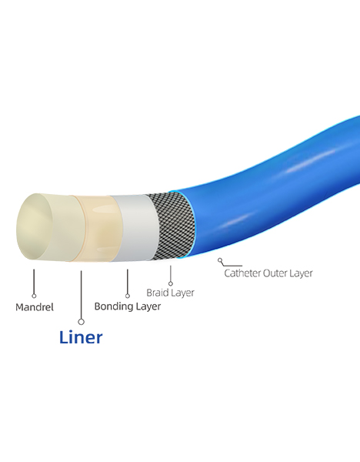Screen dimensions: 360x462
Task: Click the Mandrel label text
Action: [35, 307]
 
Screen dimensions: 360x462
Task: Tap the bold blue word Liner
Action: [81, 337]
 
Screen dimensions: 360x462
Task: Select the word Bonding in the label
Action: [113, 306]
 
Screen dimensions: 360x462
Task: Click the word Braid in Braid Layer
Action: [156, 293]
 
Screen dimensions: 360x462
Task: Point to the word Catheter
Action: [242, 273]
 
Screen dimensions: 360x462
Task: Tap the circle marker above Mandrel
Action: [34, 296]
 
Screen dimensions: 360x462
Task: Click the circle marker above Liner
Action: [82, 322]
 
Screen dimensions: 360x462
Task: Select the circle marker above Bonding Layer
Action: [128, 296]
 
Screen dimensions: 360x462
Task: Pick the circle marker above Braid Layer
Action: [171, 283]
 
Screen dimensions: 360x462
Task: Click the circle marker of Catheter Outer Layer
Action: [220, 260]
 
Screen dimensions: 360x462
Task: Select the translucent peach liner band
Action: [98, 229]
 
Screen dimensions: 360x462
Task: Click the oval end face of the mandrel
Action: [35, 226]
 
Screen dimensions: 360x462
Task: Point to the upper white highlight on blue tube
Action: [311, 161]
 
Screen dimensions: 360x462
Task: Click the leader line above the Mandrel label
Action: [34, 281]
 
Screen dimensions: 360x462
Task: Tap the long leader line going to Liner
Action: [82, 295]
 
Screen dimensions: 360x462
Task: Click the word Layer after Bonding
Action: [148, 306]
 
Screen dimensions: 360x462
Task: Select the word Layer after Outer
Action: [301, 273]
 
